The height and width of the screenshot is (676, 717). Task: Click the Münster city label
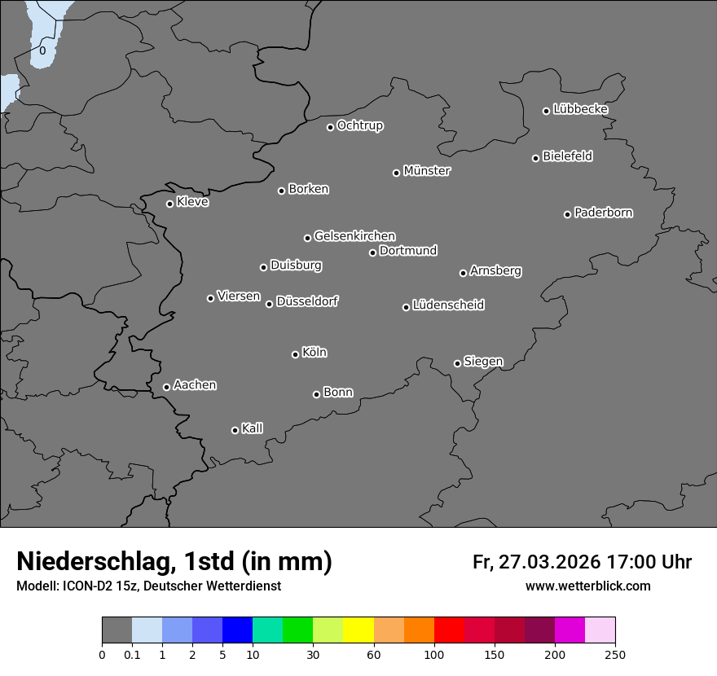pyautogui.click(x=427, y=171)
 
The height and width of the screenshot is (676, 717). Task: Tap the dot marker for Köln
pyautogui.click(x=295, y=354)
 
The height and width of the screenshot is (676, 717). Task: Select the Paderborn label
pyautogui.click(x=604, y=213)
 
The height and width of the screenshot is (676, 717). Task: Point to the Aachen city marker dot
pyautogui.click(x=166, y=387)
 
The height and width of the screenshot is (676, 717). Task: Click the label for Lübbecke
pyautogui.click(x=580, y=109)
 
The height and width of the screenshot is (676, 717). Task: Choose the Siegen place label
pyautogui.click(x=483, y=362)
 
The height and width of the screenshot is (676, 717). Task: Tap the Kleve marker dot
pyautogui.click(x=169, y=204)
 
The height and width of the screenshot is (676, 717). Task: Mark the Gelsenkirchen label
pyautogui.click(x=354, y=236)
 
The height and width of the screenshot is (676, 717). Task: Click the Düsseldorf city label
pyautogui.click(x=307, y=301)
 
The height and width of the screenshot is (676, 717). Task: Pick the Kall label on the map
pyautogui.click(x=253, y=428)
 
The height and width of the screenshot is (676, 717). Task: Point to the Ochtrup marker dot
pyautogui.click(x=330, y=127)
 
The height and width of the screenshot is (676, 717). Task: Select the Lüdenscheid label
pyautogui.click(x=448, y=305)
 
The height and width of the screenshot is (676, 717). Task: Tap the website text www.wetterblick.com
pyautogui.click(x=588, y=586)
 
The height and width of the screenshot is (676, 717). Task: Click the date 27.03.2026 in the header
pyautogui.click(x=549, y=562)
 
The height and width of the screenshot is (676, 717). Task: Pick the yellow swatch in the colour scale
pyautogui.click(x=358, y=630)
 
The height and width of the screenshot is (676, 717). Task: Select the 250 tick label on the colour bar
pyautogui.click(x=615, y=654)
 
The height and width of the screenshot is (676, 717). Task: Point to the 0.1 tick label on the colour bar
pyautogui.click(x=132, y=654)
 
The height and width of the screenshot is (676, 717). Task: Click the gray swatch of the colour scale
pyautogui.click(x=117, y=630)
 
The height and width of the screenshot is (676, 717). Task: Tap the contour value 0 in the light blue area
pyautogui.click(x=42, y=50)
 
